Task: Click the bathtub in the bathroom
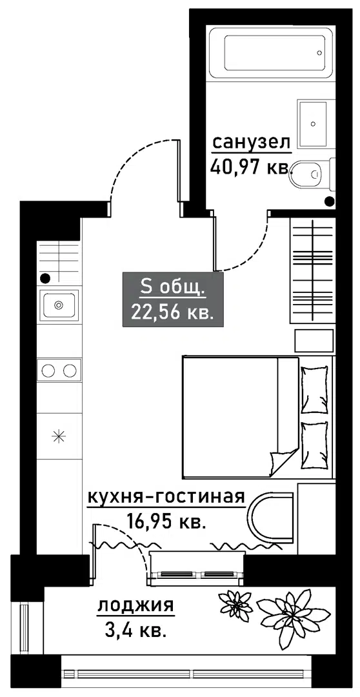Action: pos(272,52)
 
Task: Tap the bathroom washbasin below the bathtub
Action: pos(314,123)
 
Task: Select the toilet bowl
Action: pos(306,173)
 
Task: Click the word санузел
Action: pos(251,143)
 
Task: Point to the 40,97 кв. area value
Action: pos(250,168)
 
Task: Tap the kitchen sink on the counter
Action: pos(59,305)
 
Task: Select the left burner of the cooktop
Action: pos(48,370)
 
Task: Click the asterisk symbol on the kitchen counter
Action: pos(58,436)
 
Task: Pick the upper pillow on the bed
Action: pos(314,389)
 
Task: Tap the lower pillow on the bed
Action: pos(314,445)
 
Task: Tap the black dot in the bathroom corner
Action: pos(329,201)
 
